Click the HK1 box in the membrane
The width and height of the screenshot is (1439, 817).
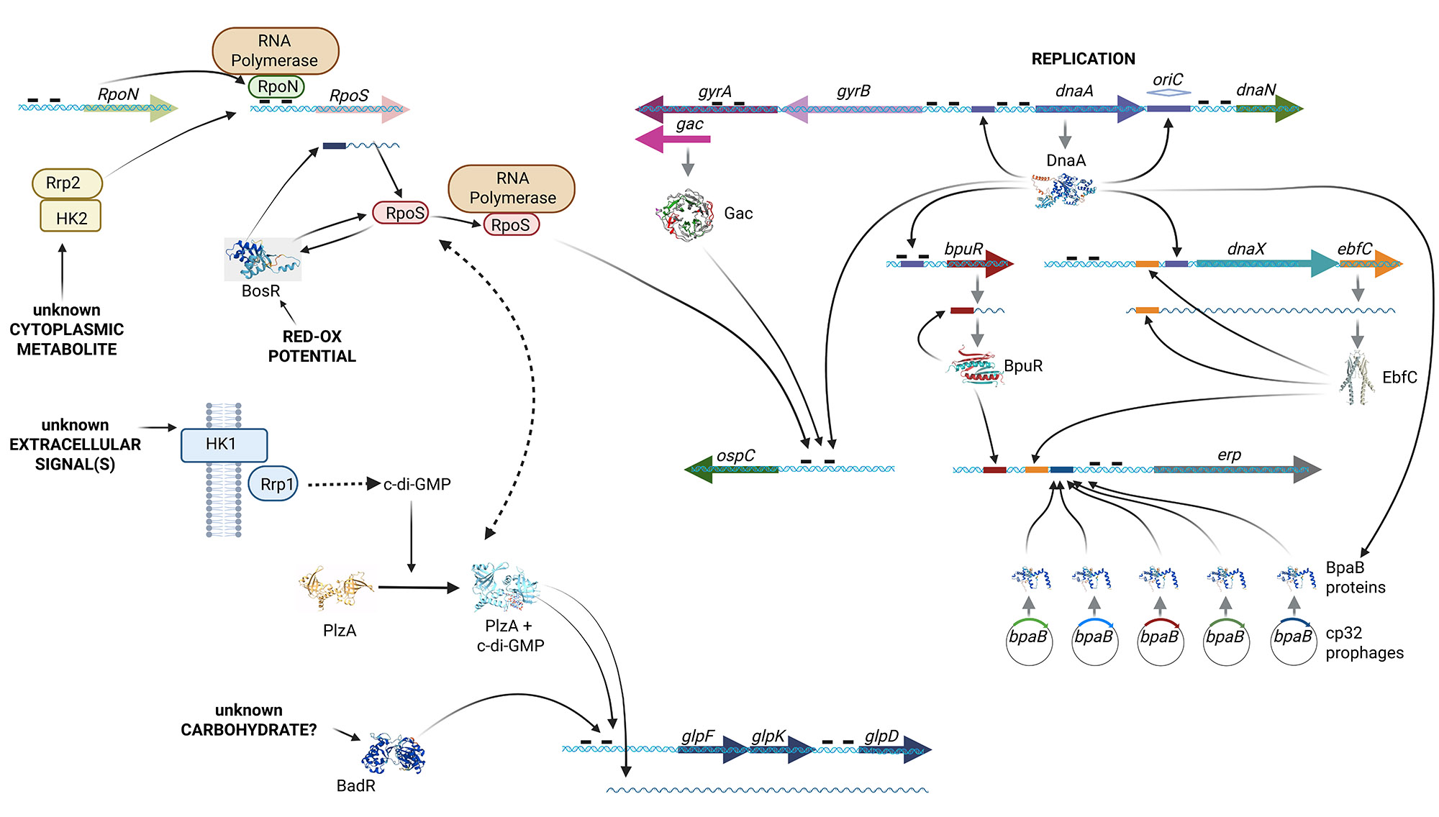(x=224, y=444)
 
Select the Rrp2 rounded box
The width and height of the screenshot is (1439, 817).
(x=67, y=183)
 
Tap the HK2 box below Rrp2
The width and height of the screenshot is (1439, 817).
(x=71, y=216)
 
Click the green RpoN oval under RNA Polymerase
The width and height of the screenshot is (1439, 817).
(x=277, y=87)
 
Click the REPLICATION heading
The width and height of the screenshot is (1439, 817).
(x=1083, y=59)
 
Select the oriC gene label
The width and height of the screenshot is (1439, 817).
(x=1167, y=80)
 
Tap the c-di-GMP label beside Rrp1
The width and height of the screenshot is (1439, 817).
(x=417, y=484)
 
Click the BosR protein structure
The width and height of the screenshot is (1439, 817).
(x=260, y=260)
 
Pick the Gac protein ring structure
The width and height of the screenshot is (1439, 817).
(x=687, y=214)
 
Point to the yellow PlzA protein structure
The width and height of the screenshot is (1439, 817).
(x=337, y=589)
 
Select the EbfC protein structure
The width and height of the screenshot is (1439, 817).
(x=1357, y=378)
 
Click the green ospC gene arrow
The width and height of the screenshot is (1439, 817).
(x=730, y=470)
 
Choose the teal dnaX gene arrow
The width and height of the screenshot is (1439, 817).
(x=1266, y=264)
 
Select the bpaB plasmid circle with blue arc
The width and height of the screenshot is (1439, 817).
(x=1094, y=641)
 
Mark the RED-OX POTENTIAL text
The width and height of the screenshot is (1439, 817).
(x=312, y=346)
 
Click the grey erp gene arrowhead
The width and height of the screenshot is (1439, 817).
(x=1307, y=470)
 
